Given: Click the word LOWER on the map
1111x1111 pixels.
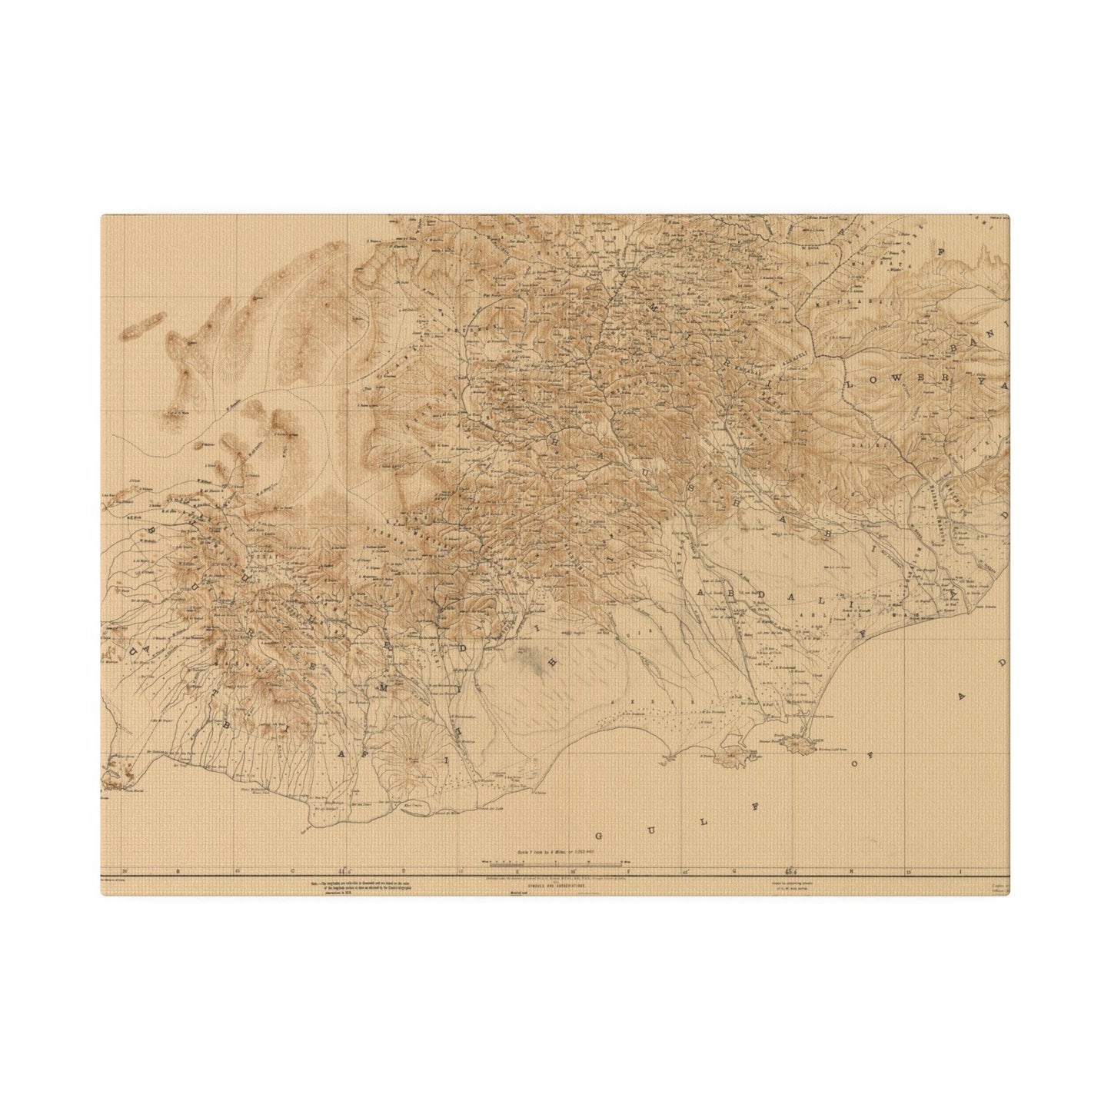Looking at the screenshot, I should pyautogui.click(x=874, y=381).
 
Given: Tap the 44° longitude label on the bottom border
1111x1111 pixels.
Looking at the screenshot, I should pyautogui.click(x=344, y=871).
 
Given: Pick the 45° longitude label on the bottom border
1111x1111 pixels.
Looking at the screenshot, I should pyautogui.click(x=789, y=871).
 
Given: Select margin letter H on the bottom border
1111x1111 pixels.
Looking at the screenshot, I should pyautogui.click(x=852, y=871).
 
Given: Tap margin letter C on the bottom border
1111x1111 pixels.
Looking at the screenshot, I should pyautogui.click(x=292, y=871).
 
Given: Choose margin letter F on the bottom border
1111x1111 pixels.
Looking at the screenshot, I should pyautogui.click(x=628, y=871).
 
